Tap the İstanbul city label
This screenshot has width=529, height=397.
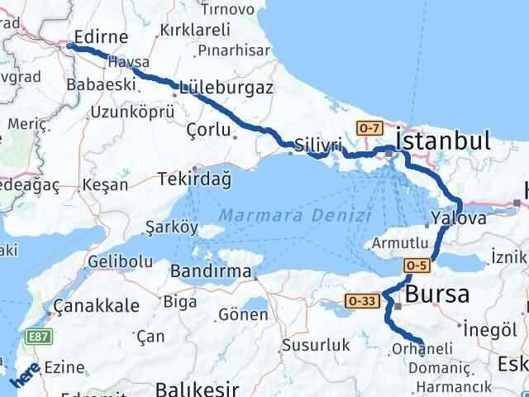(x=443, y=140)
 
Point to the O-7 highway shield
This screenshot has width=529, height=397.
(x=369, y=127)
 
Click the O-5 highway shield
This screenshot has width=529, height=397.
(x=416, y=265)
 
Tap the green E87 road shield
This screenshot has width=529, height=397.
(x=38, y=336)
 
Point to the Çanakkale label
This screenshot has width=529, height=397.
(x=96, y=306)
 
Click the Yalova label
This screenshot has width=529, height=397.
(x=459, y=219)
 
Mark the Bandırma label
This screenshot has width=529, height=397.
(x=210, y=271)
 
